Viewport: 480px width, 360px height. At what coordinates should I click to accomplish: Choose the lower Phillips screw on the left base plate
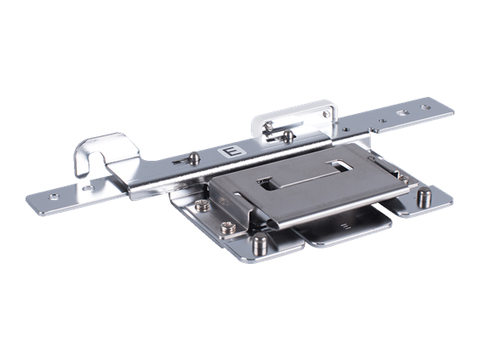pos(229,228)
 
